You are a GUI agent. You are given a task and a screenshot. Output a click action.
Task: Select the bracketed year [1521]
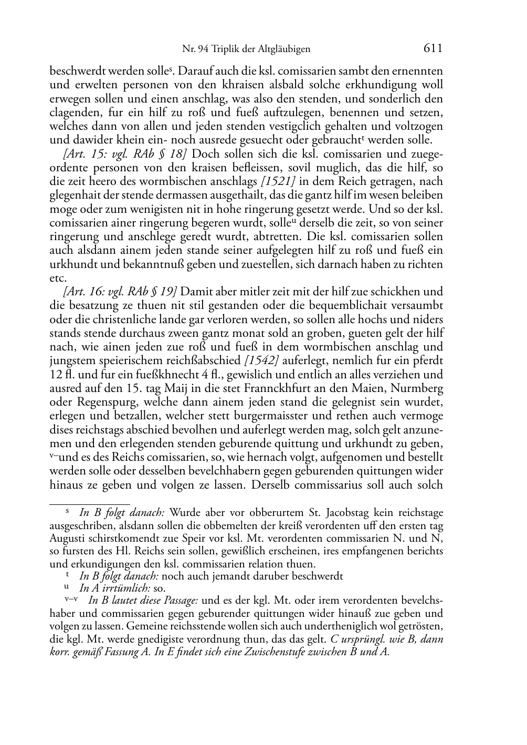point(278,181)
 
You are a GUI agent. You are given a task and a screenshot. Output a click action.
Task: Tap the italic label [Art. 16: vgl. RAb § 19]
point(120,292)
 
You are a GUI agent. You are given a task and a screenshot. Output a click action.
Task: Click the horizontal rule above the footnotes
point(89,503)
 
